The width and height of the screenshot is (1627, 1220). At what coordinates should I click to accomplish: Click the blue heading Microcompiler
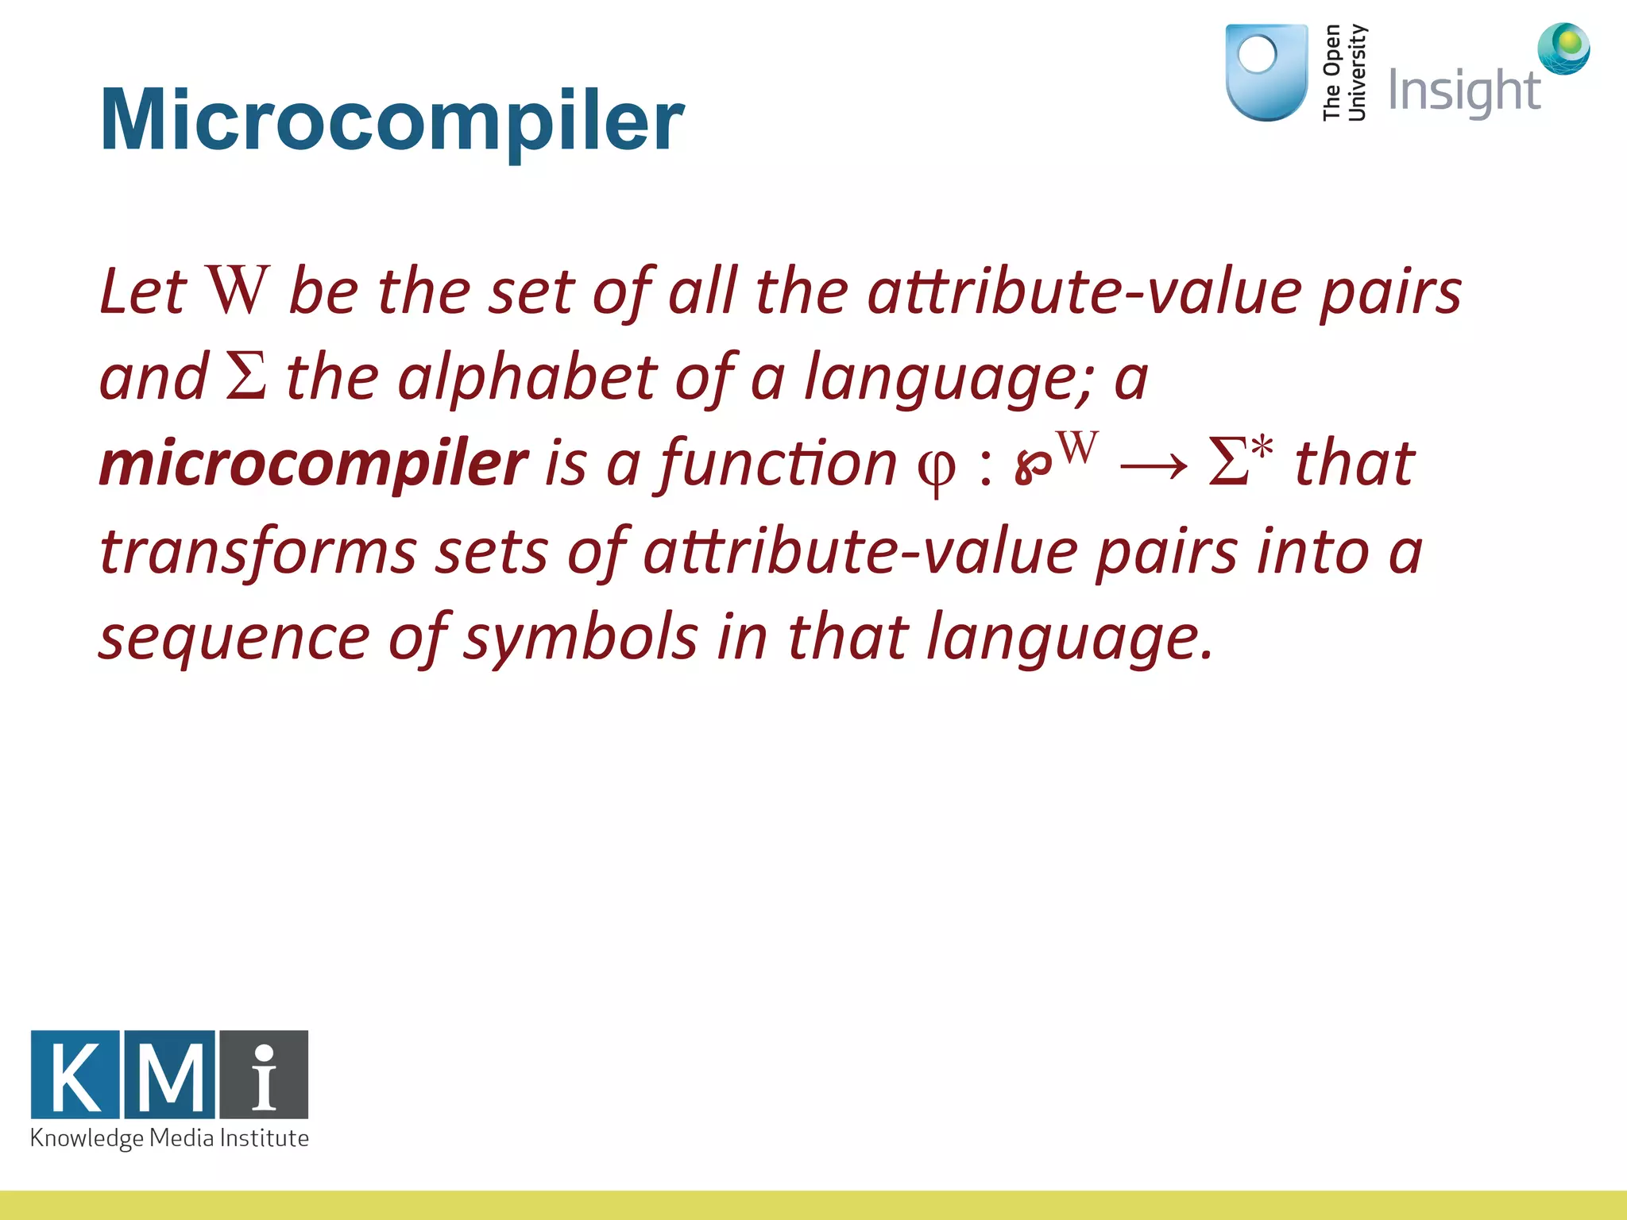pyautogui.click(x=391, y=121)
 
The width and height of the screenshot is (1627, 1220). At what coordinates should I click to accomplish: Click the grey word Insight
pyautogui.click(x=1464, y=91)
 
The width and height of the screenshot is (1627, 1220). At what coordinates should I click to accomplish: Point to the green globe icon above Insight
pyautogui.click(x=1563, y=48)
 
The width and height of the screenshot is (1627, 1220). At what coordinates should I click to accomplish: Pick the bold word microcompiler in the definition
pyautogui.click(x=313, y=464)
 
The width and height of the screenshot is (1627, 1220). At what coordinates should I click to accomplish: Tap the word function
pyautogui.click(x=779, y=464)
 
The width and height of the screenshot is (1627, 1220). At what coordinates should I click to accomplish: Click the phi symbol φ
pyautogui.click(x=936, y=469)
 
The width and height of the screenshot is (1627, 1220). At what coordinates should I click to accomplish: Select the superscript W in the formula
pyautogui.click(x=1078, y=447)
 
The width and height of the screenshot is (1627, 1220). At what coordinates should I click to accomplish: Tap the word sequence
pyautogui.click(x=234, y=638)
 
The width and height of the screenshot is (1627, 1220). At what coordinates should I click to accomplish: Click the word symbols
pyautogui.click(x=581, y=638)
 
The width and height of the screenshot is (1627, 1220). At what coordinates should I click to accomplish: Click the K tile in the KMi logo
pyautogui.click(x=75, y=1075)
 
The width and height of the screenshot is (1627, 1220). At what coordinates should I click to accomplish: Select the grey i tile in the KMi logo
pyautogui.click(x=265, y=1075)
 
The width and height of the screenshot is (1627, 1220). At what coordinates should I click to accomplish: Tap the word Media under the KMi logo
pyautogui.click(x=182, y=1138)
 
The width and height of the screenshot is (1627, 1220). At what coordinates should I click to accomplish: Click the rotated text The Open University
pyautogui.click(x=1344, y=73)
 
